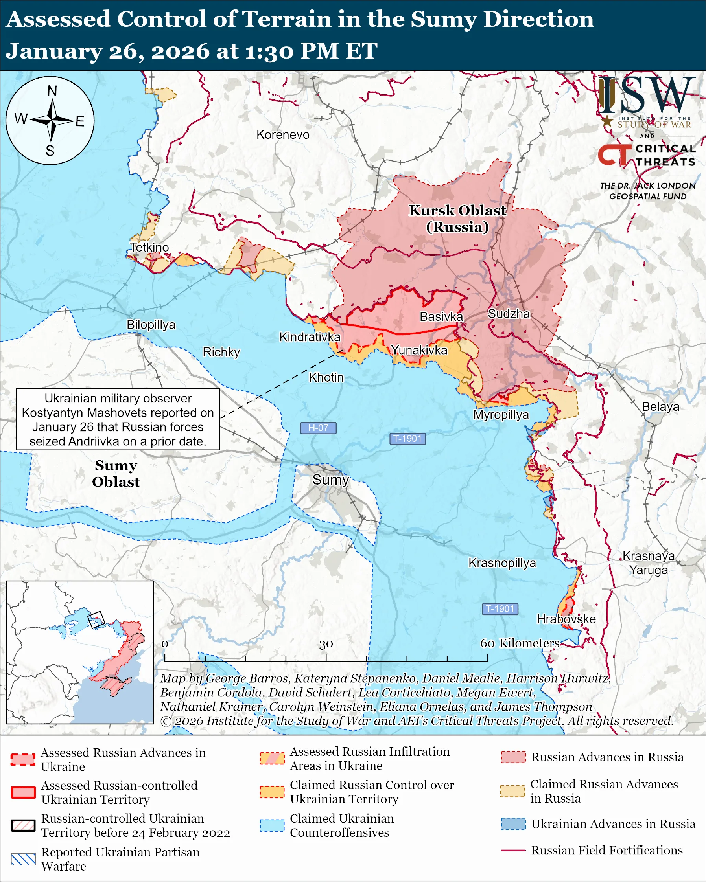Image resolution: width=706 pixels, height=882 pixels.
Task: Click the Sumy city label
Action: tap(330, 480)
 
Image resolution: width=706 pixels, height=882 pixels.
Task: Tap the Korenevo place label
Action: tap(283, 134)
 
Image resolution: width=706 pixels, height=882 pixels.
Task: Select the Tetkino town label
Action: tap(149, 247)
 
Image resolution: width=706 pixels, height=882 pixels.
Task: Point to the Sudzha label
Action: tap(509, 314)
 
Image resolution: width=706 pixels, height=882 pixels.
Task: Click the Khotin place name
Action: tap(326, 377)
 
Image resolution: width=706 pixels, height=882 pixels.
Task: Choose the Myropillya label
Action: tap(501, 414)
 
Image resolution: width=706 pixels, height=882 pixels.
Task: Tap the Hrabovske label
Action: tap(566, 619)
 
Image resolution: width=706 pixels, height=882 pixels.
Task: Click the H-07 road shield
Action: tap(318, 428)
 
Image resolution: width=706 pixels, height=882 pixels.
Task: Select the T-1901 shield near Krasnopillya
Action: tap(500, 609)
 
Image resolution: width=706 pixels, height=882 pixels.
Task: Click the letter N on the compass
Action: tap(52, 91)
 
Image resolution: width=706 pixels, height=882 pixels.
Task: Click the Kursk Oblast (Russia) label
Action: tap(457, 219)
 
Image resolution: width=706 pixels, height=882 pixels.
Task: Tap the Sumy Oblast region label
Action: tap(116, 473)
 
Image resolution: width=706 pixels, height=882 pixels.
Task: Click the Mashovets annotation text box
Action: tap(118, 419)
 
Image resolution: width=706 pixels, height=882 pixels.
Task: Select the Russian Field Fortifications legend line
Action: tap(513, 850)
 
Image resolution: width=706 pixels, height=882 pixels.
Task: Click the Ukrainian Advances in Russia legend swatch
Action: tap(513, 823)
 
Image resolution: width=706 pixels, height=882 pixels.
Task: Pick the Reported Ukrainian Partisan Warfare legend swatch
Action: tap(23, 859)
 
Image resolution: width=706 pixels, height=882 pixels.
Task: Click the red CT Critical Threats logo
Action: tap(614, 154)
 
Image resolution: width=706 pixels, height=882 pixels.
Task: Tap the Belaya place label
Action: tap(660, 407)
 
